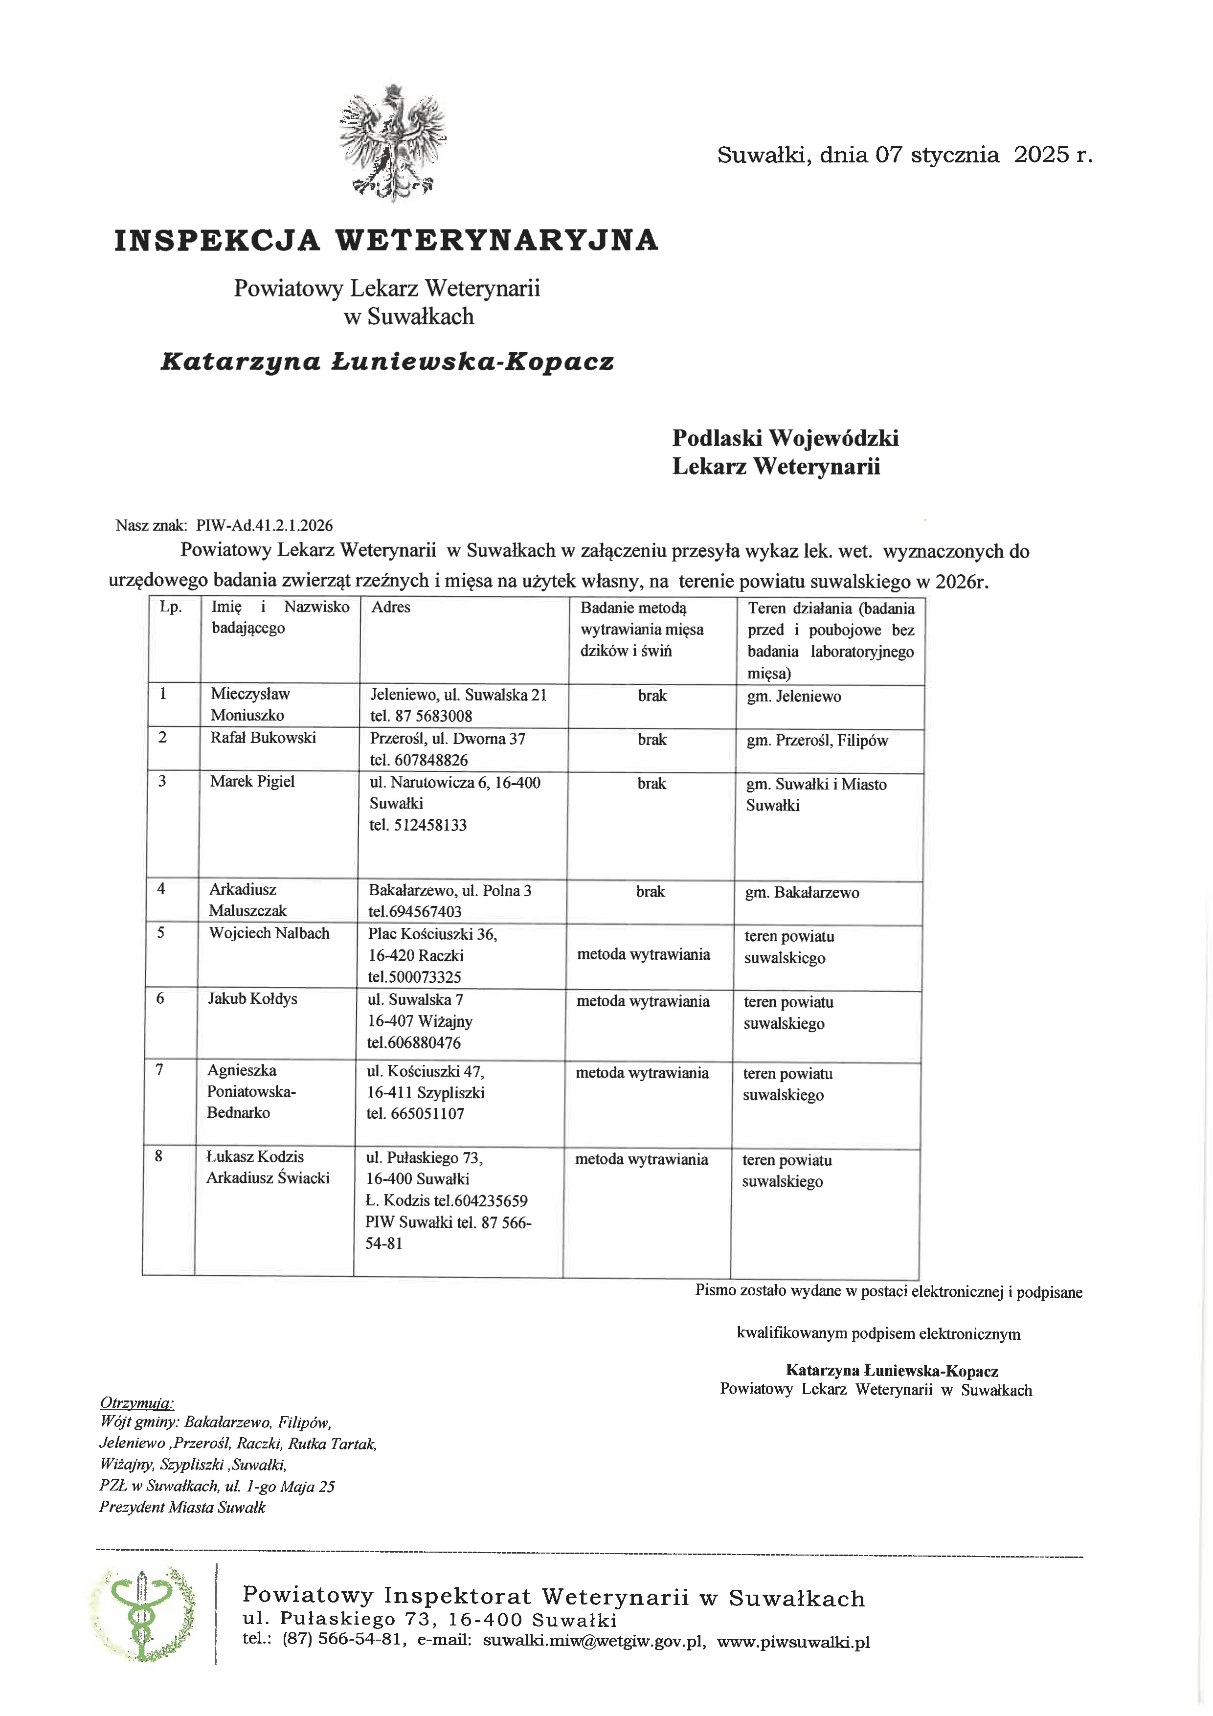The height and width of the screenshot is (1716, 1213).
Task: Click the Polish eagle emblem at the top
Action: click(x=392, y=143)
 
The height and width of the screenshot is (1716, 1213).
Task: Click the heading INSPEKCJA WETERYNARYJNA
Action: click(x=385, y=241)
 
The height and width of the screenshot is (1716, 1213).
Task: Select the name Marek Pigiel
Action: click(x=252, y=782)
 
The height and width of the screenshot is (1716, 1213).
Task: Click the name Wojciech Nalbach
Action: click(x=269, y=933)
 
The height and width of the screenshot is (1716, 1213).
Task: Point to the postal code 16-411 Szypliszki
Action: click(x=425, y=1093)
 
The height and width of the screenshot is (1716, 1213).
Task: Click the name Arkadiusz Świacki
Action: click(x=268, y=1178)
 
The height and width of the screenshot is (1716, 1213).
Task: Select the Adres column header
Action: click(x=391, y=607)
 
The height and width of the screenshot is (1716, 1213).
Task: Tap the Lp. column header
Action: click(x=170, y=607)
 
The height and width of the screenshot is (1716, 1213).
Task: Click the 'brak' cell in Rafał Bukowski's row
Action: click(x=651, y=740)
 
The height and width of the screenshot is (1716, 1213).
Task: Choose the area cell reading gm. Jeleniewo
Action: click(x=794, y=697)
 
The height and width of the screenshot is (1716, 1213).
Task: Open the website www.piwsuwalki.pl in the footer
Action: click(x=794, y=1642)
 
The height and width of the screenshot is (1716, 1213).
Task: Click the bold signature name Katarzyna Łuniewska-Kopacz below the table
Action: click(x=892, y=1370)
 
